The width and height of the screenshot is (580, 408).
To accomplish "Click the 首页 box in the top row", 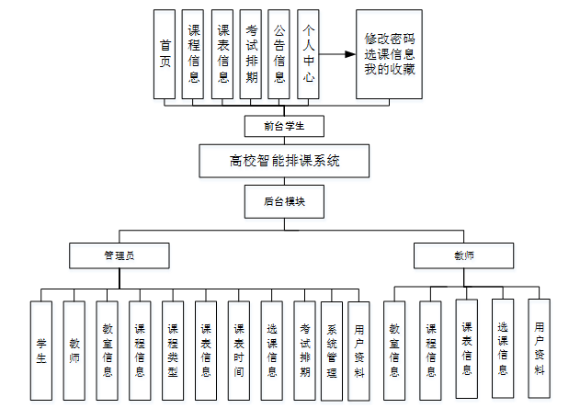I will pos(165,54).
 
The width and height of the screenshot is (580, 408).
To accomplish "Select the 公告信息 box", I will pos(279,54).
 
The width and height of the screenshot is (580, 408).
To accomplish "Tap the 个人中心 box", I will pos(308,54).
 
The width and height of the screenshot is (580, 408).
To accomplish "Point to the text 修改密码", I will pos(390,40).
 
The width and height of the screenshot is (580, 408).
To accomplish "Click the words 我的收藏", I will pos(390,69).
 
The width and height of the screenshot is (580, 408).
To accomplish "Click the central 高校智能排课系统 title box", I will pos(284,161).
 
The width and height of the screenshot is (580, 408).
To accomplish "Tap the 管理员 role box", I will pos(120,255).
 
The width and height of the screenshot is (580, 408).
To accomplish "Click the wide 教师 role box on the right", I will pos(463,255).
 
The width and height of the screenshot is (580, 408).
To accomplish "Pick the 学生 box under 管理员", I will pos(41,350).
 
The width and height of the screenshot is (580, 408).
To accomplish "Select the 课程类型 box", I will pos(173,350).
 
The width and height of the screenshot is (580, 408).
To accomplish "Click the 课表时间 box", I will pos(239,350).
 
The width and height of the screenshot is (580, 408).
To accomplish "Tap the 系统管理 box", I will pos(332,350).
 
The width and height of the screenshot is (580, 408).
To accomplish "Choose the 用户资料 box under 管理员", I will pos(359,350).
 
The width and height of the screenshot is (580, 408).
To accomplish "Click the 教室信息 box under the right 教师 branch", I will pos(394,351).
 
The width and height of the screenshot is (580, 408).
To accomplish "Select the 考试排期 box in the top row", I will pos(251,54).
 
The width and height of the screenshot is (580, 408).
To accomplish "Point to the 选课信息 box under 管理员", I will pos(272,350).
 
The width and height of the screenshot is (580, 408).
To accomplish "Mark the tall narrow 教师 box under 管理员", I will pos(74,350).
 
